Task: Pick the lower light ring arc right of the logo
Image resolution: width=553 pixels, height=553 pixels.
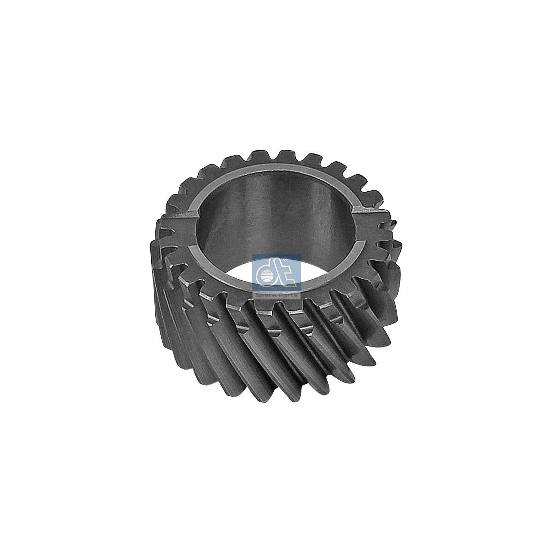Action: click(332, 276)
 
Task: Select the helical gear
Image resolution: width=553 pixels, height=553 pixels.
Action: click(276, 323)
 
